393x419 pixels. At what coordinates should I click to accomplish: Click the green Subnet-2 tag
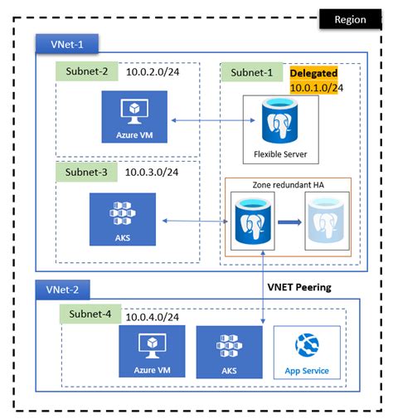click(85, 72)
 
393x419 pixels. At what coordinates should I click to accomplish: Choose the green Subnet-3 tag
click(85, 172)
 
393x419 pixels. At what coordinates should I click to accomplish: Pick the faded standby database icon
click(325, 221)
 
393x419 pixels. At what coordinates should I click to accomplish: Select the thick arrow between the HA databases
click(288, 222)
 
